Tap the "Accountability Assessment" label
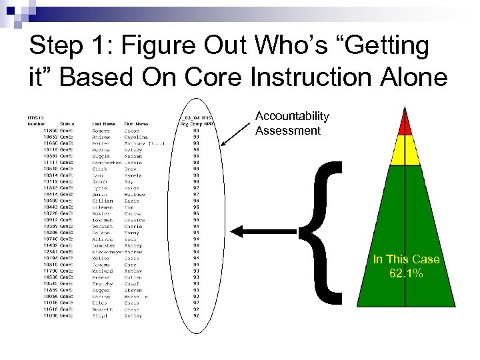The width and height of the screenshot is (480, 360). pyautogui.click(x=292, y=123)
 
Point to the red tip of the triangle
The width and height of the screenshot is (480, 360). pyautogui.click(x=404, y=123)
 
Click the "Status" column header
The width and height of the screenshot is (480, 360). pyautogui.click(x=67, y=123)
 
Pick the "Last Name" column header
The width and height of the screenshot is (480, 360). pyautogui.click(x=105, y=123)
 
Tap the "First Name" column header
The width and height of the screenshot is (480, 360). pyautogui.click(x=136, y=123)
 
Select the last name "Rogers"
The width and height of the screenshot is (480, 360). pyautogui.click(x=101, y=131)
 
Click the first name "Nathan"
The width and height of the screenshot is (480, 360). pyautogui.click(x=133, y=156)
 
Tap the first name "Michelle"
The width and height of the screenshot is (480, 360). pyautogui.click(x=135, y=297)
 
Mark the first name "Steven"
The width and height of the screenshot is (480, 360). pyautogui.click(x=133, y=290)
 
